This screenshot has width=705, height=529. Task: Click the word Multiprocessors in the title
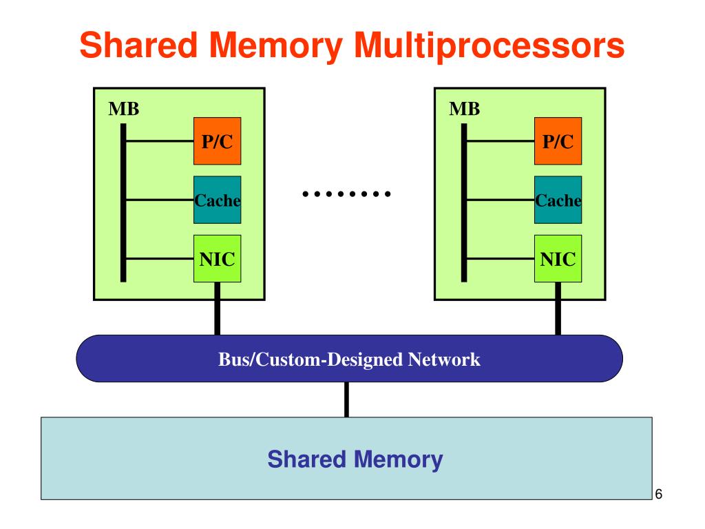490,46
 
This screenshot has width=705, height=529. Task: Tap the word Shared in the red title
138,45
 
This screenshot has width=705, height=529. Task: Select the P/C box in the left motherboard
217,141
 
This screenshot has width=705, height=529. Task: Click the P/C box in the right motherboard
558,141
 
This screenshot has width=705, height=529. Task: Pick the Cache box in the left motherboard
217,200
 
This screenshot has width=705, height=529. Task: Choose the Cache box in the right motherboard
558,200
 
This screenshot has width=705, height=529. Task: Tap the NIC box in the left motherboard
217,259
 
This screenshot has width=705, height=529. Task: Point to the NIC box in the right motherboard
558,259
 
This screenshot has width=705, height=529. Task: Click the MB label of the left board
124,109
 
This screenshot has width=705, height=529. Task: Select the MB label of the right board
465,109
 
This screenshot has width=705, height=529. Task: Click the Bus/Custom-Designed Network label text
349,360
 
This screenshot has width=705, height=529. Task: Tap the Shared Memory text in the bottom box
355,459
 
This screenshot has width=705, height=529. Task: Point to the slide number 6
659,494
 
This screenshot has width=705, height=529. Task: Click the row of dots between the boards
346,194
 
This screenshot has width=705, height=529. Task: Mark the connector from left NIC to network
217,309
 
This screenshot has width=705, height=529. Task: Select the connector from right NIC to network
558,309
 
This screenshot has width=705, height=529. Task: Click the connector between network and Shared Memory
346,400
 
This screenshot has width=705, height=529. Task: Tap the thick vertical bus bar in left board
123,203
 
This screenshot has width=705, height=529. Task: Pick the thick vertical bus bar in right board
464,203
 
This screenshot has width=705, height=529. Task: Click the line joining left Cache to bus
160,200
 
